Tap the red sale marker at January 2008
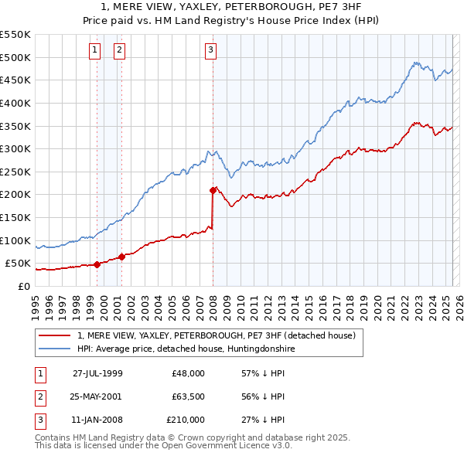pos(213,189)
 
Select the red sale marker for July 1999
pos(97,264)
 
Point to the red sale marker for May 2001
pos(122,257)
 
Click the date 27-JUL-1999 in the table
pos(97,373)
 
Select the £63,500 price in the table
pos(185,396)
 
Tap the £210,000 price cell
pos(185,420)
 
